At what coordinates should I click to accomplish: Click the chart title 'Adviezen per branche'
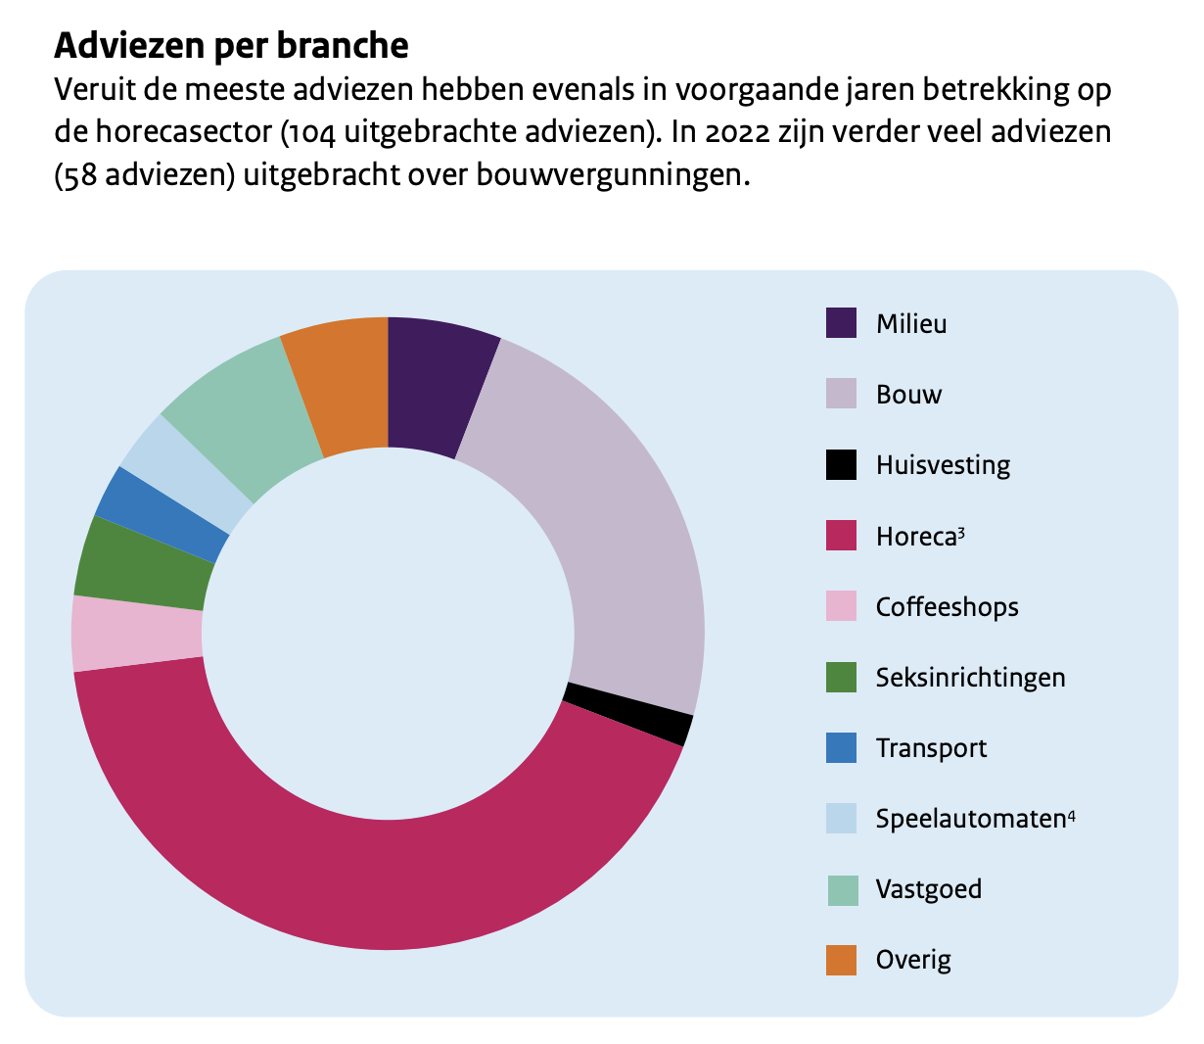point(231,45)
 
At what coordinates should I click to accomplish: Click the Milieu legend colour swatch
point(841,323)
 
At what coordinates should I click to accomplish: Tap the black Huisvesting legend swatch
point(841,464)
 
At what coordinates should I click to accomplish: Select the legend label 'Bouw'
point(908,395)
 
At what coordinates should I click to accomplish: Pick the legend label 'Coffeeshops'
point(947,607)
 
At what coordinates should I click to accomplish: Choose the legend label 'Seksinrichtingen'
point(970,678)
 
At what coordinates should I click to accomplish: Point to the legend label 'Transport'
point(931,748)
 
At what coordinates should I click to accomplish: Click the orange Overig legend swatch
point(841,960)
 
